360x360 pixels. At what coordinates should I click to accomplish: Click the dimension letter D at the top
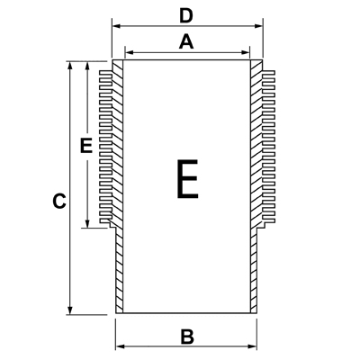186,16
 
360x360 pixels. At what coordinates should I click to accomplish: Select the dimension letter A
186,41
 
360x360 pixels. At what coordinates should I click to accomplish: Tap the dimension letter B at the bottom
187,337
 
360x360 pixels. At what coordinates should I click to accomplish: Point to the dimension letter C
59,201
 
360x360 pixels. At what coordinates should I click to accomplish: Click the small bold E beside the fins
86,146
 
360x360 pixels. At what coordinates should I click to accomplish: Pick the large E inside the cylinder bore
187,179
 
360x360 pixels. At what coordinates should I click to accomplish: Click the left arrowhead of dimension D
116,26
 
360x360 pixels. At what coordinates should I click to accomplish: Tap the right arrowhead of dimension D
258,26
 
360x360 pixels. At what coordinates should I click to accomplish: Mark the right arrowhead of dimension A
246,53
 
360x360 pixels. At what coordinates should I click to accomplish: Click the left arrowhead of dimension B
121,346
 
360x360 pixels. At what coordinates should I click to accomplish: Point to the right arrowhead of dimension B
253,346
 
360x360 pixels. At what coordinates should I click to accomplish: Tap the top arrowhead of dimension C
70,66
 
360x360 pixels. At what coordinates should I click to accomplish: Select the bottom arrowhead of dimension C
70,310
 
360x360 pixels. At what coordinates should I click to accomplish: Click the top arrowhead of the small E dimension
87,66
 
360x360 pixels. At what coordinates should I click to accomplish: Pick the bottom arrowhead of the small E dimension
87,223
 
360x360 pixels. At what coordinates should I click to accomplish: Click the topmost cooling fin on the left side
105,73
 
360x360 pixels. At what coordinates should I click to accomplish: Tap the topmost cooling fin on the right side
268,73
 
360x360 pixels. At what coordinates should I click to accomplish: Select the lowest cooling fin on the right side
268,220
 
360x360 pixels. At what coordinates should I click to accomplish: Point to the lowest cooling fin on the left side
105,220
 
